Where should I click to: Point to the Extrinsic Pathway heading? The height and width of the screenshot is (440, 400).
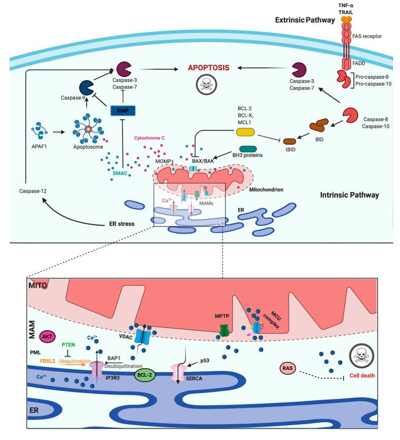(x=303, y=20)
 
